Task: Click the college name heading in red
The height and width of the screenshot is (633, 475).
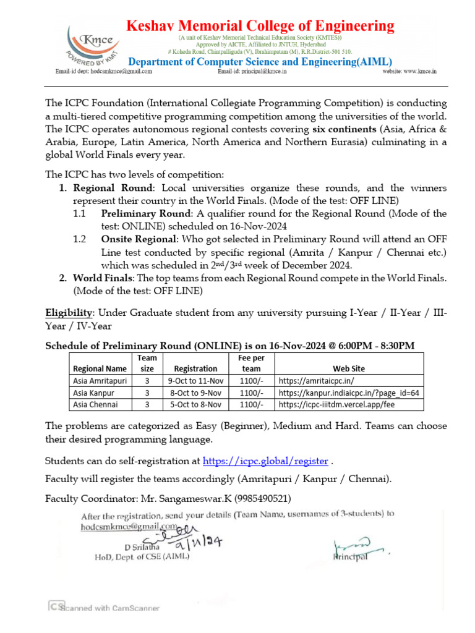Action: click(x=260, y=26)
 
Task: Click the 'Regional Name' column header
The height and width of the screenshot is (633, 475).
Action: click(x=100, y=368)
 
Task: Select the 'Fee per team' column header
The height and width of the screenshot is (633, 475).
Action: click(x=251, y=363)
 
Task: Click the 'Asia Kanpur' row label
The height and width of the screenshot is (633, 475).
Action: click(x=95, y=393)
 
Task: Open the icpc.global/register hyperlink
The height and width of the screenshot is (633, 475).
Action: click(x=265, y=461)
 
